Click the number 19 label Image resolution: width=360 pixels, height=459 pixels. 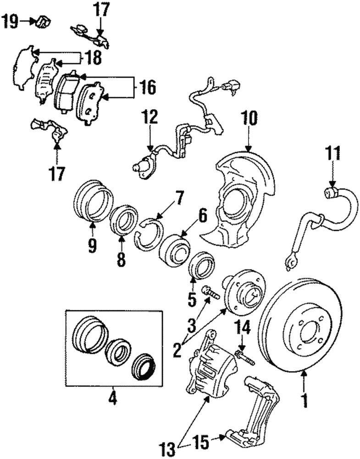coord(11,21)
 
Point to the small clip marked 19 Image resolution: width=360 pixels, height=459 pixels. coord(44,21)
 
